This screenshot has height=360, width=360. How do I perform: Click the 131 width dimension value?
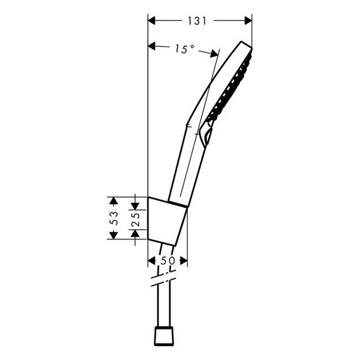point(197,21)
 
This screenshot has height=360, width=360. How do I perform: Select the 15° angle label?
point(184,49)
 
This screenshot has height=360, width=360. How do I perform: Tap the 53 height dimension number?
point(112,218)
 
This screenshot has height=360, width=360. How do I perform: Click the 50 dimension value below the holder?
point(167,261)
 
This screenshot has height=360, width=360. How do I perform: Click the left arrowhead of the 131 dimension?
point(152,20)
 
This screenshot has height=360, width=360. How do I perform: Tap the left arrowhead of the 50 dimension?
point(151,261)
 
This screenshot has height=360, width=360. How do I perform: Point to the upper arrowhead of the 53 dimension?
point(112,200)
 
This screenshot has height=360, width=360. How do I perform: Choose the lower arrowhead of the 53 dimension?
point(112,235)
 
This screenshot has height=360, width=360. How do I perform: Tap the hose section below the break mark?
point(163,306)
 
